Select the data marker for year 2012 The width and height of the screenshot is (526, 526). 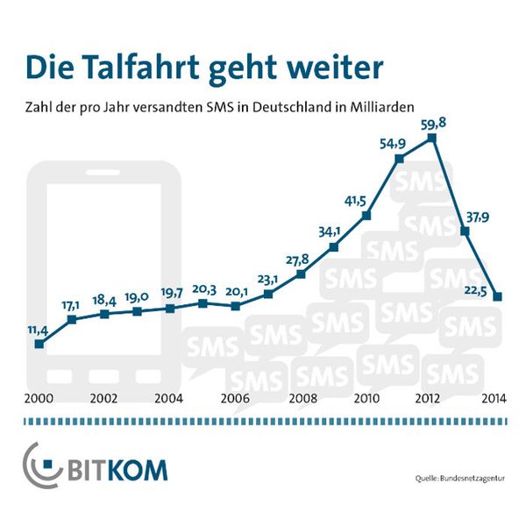(432, 139)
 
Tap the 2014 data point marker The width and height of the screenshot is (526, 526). (498, 296)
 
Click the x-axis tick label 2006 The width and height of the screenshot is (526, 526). (234, 397)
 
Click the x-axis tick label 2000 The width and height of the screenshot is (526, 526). (37, 397)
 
